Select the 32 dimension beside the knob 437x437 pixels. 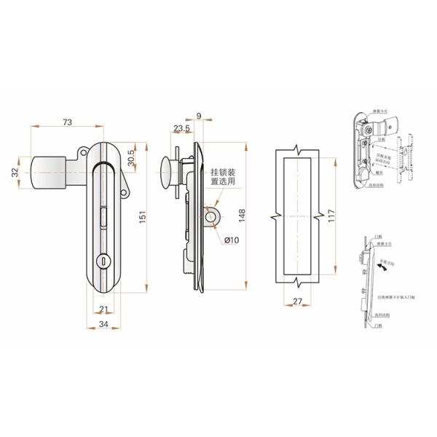click(x=16, y=172)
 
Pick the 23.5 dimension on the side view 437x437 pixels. click(x=181, y=129)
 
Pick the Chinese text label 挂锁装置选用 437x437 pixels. click(x=224, y=178)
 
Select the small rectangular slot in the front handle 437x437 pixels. click(x=103, y=216)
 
